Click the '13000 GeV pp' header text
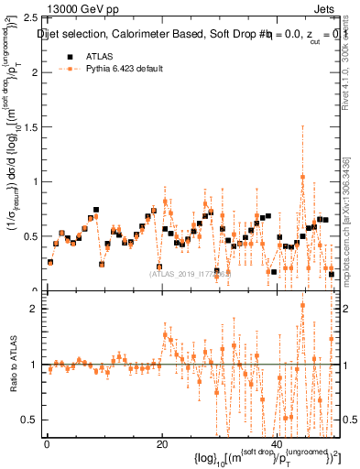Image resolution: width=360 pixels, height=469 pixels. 80,9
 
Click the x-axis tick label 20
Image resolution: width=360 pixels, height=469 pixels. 161,444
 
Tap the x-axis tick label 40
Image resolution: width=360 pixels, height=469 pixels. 277,444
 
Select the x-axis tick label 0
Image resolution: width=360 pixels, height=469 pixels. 46,444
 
